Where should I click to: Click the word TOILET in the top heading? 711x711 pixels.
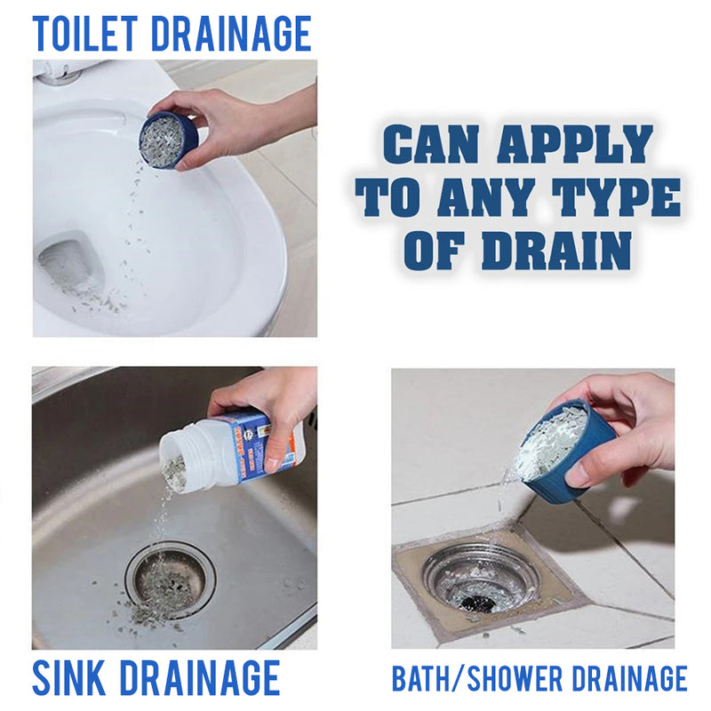pos(84,34)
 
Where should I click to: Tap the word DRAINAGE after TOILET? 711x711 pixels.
pos(231,34)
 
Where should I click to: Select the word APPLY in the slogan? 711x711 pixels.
pos(575,144)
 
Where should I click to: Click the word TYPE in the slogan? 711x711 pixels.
pos(616,196)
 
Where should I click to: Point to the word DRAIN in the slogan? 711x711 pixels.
pos(556,251)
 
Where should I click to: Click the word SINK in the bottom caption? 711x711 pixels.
pos(69,678)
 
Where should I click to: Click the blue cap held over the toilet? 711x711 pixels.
pos(168,140)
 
